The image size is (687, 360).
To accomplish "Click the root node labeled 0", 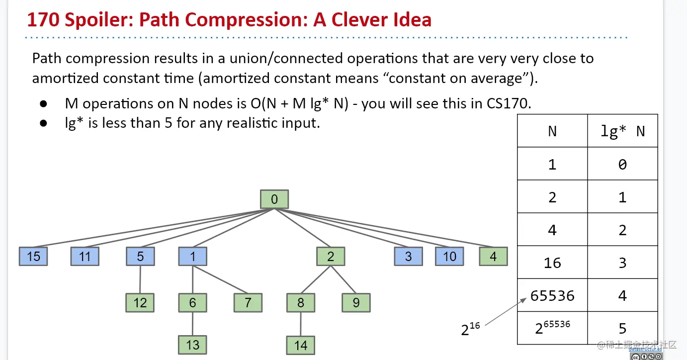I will tap(274, 199).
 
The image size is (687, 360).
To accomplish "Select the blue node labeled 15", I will tap(33, 257).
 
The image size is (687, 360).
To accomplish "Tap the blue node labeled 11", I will tap(85, 257).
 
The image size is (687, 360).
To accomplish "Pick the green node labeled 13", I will tap(192, 345).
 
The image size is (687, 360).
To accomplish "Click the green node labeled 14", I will tap(301, 345).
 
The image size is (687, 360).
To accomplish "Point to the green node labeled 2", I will tap(331, 257).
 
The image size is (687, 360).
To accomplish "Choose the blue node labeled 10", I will tap(449, 257).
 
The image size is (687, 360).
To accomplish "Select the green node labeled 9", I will tap(356, 302).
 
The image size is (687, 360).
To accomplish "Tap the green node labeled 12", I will tap(140, 302).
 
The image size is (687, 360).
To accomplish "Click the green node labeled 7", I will tap(248, 302).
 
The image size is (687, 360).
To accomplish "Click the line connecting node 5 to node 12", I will tap(140, 279).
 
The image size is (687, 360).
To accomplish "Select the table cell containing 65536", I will tap(552, 295).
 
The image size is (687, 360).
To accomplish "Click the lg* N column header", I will tap(622, 131).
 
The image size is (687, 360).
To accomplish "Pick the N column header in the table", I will tap(552, 131).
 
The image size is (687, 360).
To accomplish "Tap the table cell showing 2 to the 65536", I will tap(552, 327).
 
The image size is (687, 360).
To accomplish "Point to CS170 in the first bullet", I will tap(513, 103).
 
